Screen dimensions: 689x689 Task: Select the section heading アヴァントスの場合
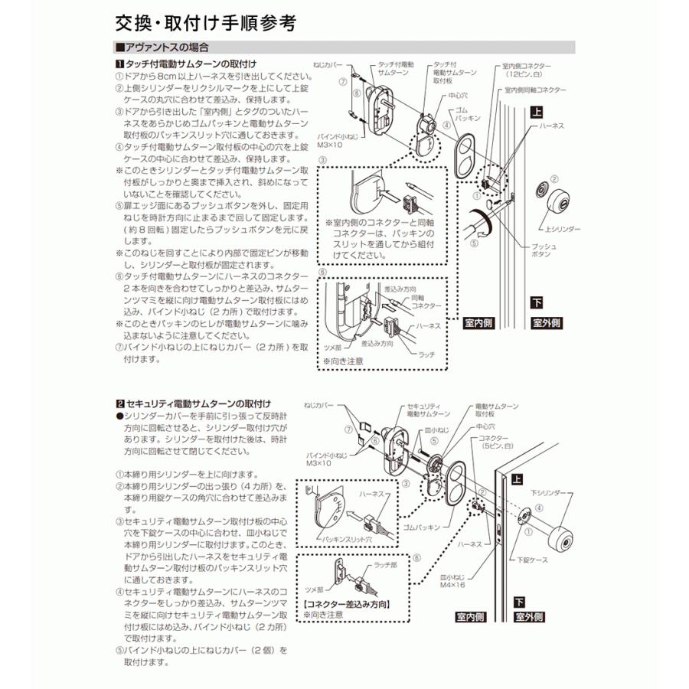pos(161,47)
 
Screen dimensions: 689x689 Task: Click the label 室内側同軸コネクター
pos(535,90)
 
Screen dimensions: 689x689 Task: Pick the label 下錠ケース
pos(553,560)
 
